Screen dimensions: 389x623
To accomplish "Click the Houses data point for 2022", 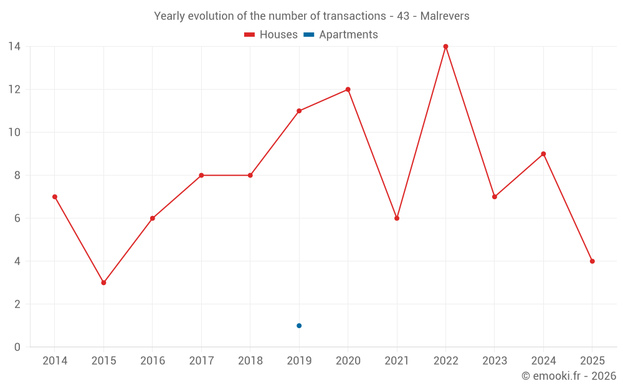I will click(445, 47).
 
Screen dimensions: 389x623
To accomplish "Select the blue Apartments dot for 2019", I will click(299, 326).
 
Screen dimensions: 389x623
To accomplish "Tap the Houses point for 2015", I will click(103, 283).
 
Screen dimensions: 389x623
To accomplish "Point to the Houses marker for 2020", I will click(348, 90).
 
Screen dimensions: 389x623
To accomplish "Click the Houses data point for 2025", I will click(592, 261).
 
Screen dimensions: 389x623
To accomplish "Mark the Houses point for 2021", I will click(397, 218).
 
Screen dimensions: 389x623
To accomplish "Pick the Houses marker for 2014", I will click(55, 197).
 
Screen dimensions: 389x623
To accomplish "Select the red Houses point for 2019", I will click(299, 111).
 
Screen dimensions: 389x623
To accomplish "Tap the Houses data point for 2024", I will click(543, 154).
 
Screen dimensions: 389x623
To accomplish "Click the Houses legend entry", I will click(271, 35).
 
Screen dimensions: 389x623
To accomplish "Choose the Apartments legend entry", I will click(341, 35).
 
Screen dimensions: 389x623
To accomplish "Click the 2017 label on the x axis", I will click(201, 361).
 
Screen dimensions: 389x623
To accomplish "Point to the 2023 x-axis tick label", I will click(495, 361).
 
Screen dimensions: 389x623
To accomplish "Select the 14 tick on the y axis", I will click(14, 47).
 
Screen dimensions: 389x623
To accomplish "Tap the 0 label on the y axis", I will click(17, 347).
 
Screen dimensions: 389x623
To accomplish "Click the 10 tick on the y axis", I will click(14, 133).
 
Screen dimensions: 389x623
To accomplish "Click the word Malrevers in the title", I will click(445, 16).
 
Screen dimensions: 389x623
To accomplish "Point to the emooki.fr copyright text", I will click(569, 376).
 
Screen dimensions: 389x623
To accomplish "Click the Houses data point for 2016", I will click(152, 218).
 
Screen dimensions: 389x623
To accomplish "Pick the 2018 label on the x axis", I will click(250, 361).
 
